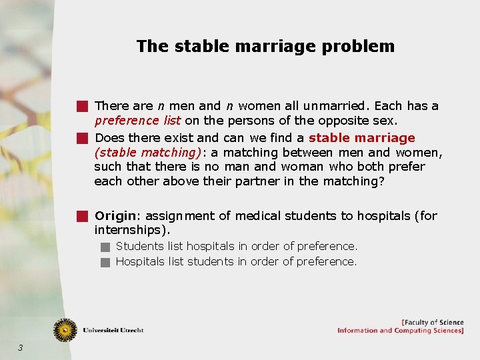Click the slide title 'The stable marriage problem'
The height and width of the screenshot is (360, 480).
(265, 47)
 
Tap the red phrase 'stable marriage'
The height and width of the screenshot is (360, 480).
(362, 138)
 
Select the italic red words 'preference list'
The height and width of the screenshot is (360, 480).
(137, 121)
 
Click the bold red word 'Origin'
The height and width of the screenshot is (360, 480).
(115, 215)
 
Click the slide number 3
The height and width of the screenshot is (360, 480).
(21, 347)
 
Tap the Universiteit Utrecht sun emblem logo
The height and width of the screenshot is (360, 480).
(65, 329)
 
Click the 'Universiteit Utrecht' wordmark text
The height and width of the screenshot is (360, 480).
(113, 330)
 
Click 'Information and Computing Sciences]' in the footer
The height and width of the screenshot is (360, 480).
(400, 331)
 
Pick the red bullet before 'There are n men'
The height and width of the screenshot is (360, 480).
(81, 106)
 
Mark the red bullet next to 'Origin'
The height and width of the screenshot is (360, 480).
(81, 216)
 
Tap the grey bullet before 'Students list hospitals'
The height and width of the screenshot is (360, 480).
(105, 247)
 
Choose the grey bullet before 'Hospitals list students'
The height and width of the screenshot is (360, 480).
(105, 262)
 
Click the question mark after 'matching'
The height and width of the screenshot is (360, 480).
(381, 181)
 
